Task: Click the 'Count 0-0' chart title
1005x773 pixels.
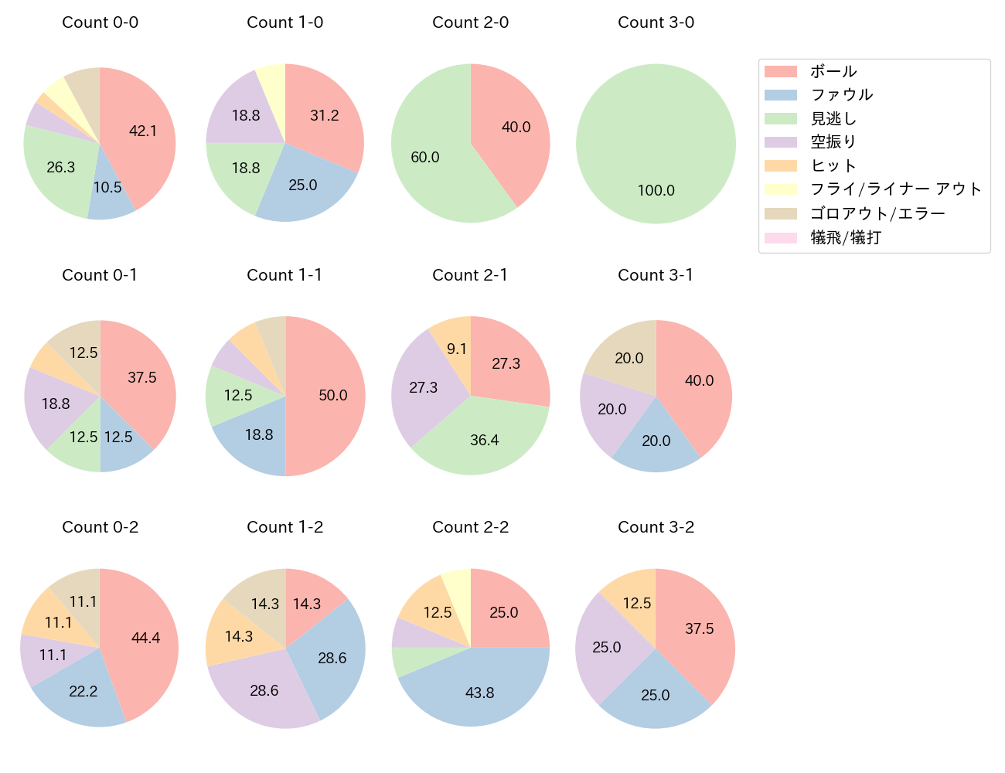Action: point(100,22)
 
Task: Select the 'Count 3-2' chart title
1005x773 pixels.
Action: point(656,527)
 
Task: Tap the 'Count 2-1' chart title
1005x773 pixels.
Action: point(470,275)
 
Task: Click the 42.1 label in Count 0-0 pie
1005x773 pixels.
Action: point(143,131)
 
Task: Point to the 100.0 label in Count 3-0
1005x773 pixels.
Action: point(656,190)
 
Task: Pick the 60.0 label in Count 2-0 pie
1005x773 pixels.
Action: point(425,157)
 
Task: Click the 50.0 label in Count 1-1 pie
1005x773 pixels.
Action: point(333,395)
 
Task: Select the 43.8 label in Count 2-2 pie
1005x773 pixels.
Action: point(479,693)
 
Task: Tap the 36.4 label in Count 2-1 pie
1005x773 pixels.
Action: point(485,440)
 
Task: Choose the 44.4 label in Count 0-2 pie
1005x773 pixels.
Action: point(145,638)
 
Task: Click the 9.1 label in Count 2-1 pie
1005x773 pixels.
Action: point(457,349)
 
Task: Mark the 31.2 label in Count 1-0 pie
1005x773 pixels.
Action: point(325,115)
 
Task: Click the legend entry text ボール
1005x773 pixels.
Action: point(833,72)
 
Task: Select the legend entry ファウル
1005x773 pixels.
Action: point(841,95)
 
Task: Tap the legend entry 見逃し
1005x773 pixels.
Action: point(833,119)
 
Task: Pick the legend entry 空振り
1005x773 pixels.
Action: point(833,142)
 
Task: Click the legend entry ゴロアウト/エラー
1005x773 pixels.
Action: point(877,213)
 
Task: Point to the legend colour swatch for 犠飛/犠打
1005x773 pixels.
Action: point(780,237)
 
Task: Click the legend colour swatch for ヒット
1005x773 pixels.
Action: point(780,166)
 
